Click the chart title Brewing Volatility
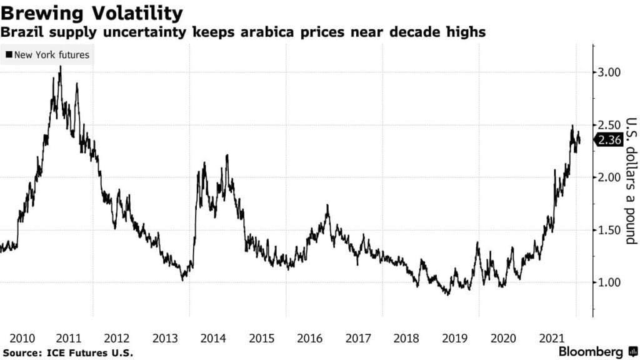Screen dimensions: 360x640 coord(92,12)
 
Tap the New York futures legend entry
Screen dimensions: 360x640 coord(47,55)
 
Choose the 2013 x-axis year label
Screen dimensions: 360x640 coord(164,339)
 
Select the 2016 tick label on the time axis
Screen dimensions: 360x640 coord(309,339)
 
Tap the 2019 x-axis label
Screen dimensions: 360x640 coord(453,339)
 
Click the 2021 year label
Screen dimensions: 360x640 coord(549,339)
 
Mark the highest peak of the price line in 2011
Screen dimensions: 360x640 coord(61,67)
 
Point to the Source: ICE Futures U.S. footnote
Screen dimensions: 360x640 coord(68,354)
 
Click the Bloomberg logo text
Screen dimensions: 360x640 coord(591,352)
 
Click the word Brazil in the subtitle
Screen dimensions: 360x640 coord(22,32)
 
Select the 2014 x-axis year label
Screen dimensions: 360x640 coord(212,339)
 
